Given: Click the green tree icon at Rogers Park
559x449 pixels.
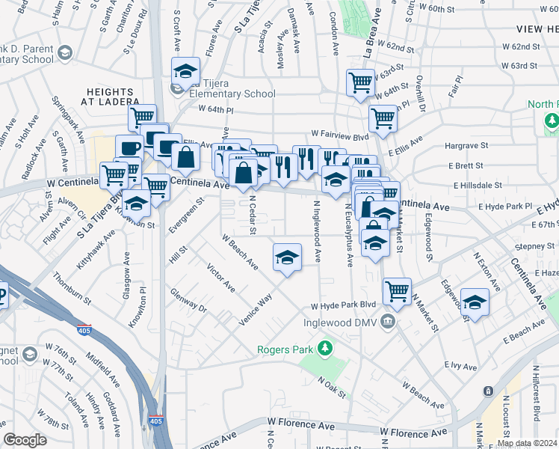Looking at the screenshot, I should (325, 348).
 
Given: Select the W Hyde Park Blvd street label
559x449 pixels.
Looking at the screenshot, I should (343, 306).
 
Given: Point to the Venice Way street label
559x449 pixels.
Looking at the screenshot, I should (255, 309).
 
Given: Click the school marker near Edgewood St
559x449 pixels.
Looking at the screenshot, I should (475, 302).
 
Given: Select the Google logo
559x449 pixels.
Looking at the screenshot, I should (25, 440).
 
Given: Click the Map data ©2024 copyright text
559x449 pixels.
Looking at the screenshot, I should (527, 443).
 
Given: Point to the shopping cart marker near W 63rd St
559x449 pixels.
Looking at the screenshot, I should (360, 82).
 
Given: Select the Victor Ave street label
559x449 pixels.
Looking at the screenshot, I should (221, 278).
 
